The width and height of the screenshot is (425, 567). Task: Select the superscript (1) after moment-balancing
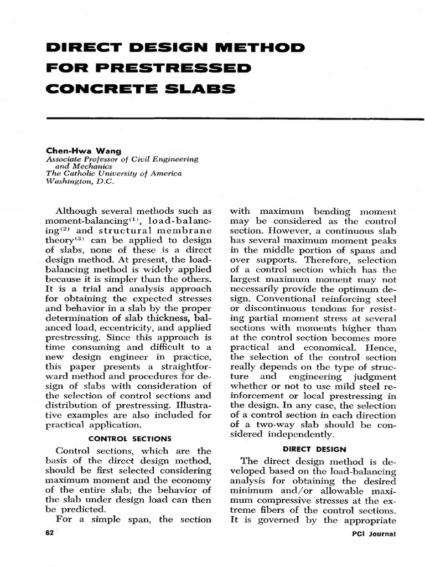click(x=134, y=219)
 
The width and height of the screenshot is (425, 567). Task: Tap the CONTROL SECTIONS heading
click(x=130, y=439)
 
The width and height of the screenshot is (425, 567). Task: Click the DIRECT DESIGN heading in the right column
click(x=314, y=449)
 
